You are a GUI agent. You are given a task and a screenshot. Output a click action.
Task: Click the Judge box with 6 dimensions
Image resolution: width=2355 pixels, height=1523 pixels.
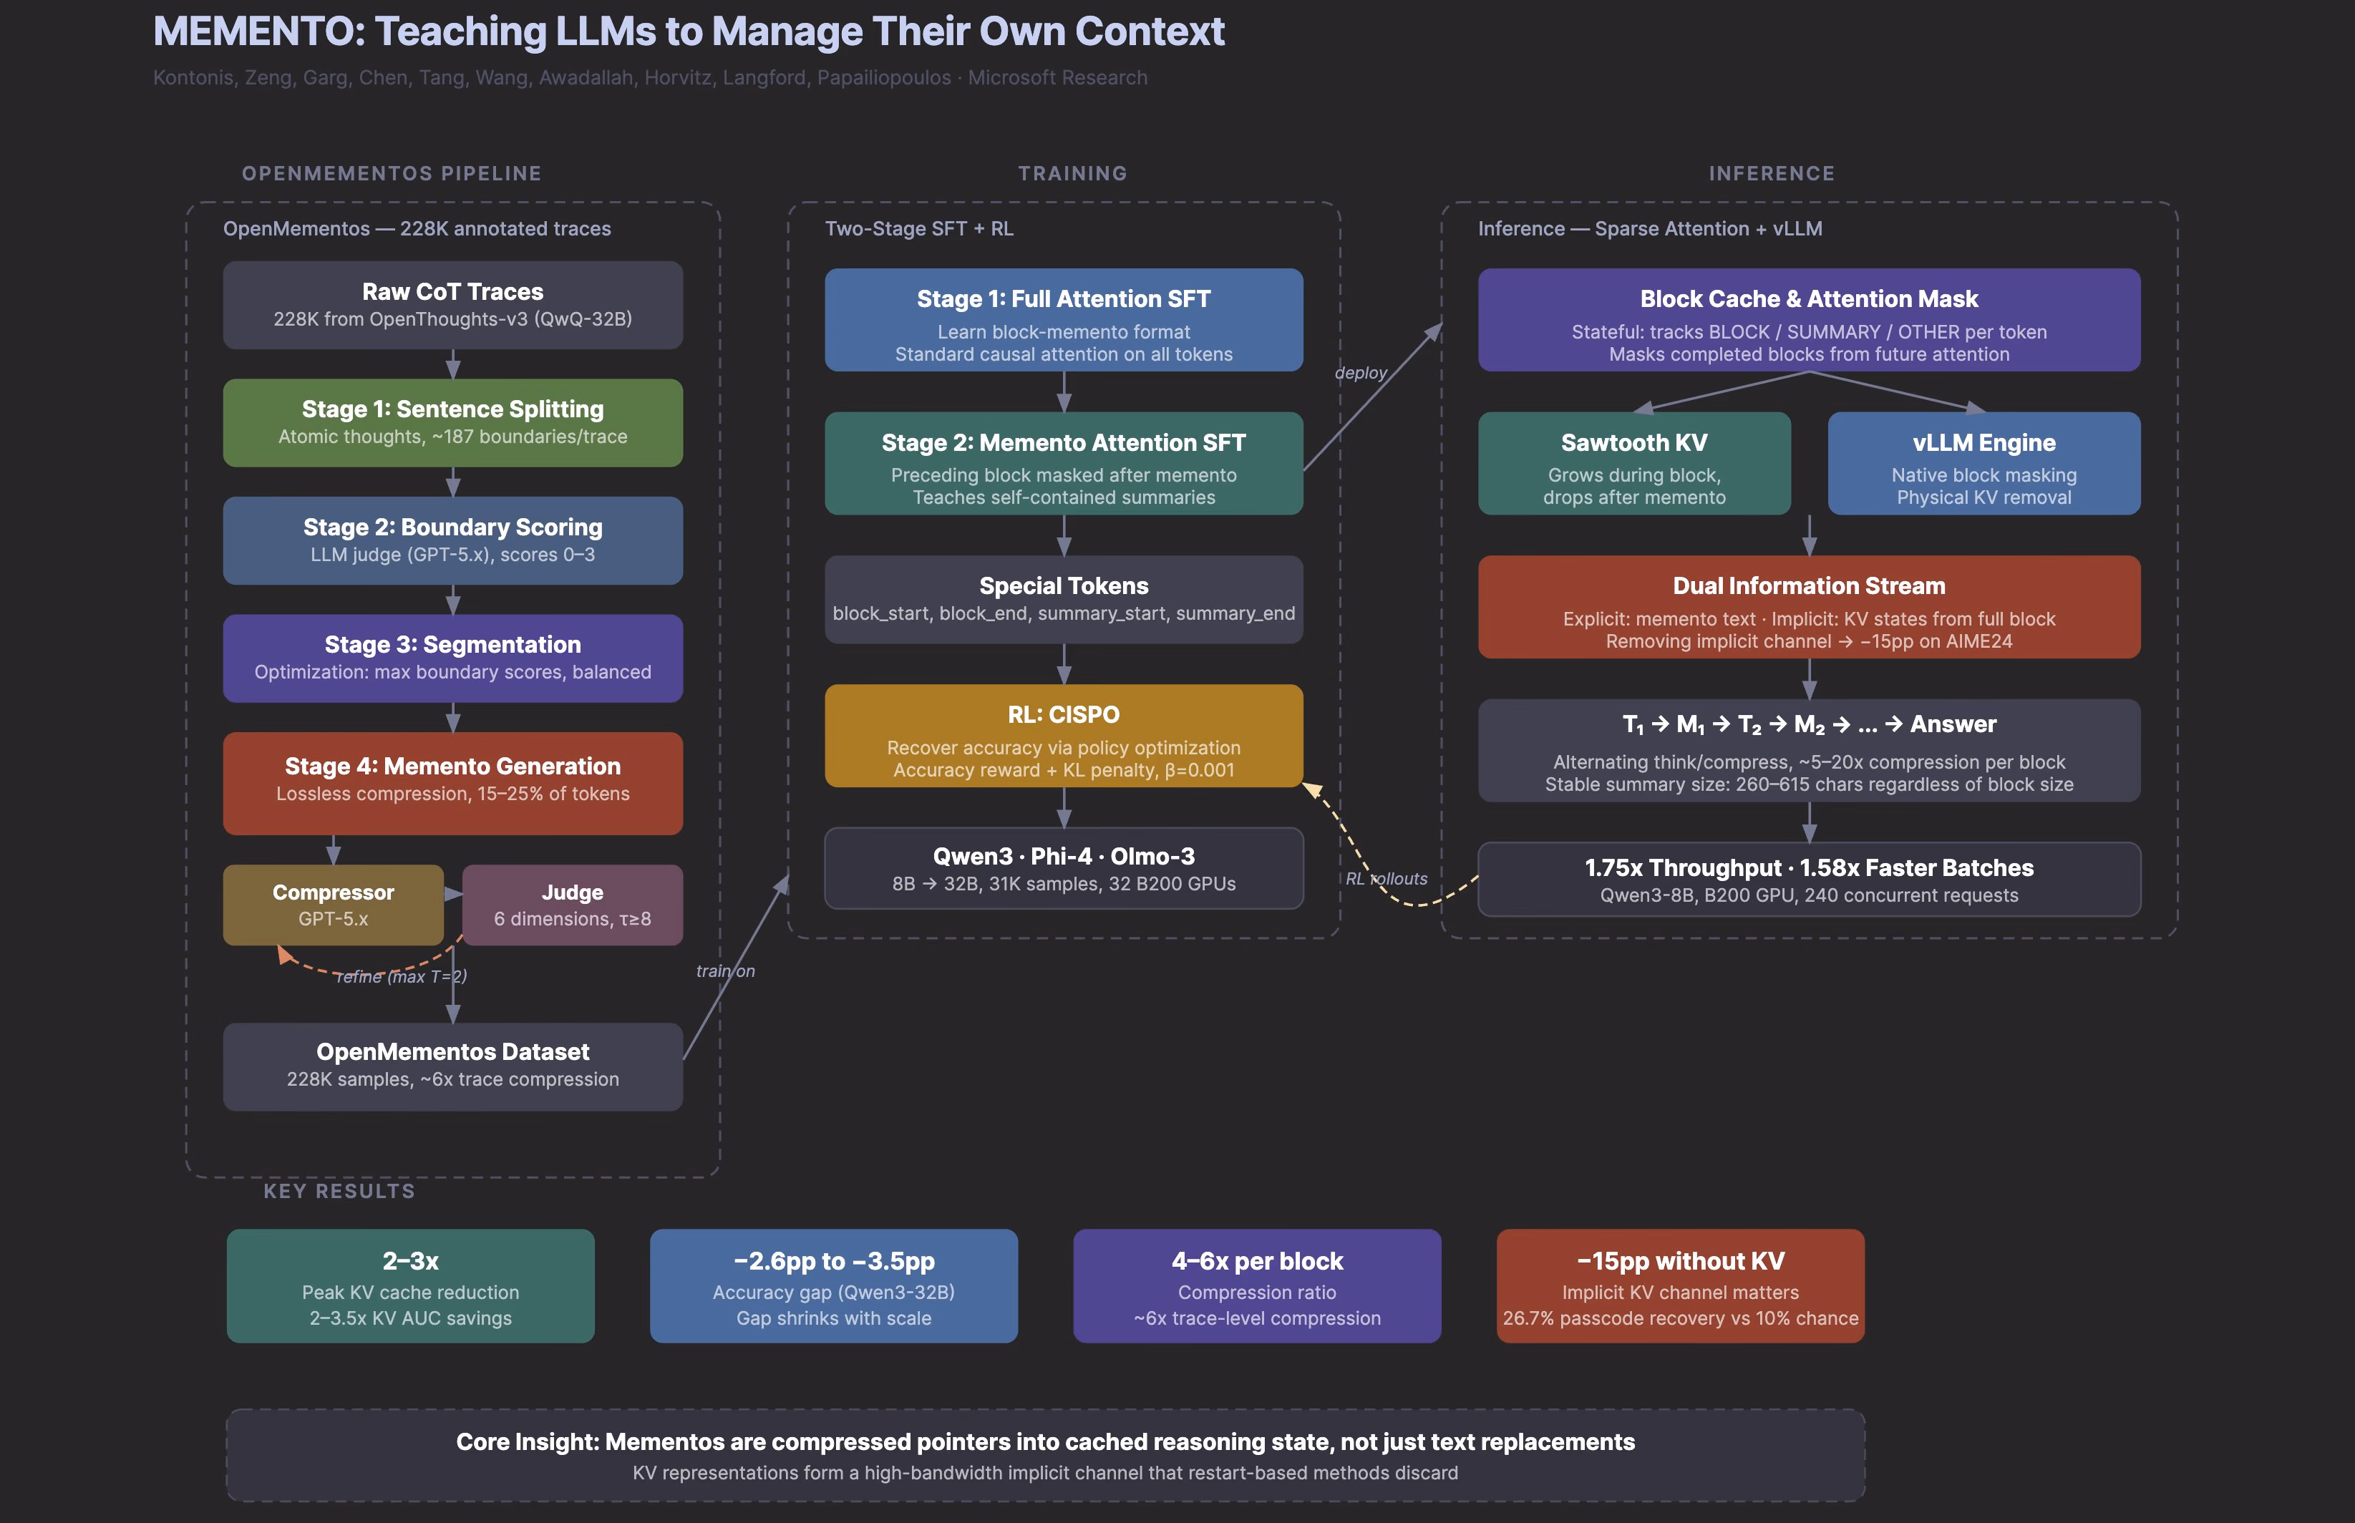(x=572, y=904)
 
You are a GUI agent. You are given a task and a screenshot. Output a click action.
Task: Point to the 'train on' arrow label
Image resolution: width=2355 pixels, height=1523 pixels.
(x=725, y=971)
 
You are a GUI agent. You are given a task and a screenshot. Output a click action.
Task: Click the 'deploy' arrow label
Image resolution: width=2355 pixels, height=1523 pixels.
(x=1360, y=373)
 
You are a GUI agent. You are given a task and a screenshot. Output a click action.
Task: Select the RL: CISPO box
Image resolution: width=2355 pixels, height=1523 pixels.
(x=1063, y=735)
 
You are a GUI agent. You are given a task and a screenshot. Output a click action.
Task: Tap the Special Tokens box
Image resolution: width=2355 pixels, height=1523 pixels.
(x=1063, y=598)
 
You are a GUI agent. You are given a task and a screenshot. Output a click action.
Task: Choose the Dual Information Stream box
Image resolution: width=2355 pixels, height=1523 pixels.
(x=1808, y=606)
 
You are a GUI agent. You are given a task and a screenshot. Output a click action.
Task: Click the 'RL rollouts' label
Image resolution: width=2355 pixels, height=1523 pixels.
(x=1386, y=878)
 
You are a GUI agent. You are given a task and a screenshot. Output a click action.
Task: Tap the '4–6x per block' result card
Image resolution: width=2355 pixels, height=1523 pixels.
(x=1256, y=1285)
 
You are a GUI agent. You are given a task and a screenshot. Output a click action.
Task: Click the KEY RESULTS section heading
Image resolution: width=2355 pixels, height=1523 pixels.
(x=339, y=1191)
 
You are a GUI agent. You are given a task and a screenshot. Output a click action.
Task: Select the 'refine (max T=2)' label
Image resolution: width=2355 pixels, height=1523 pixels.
(x=401, y=976)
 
